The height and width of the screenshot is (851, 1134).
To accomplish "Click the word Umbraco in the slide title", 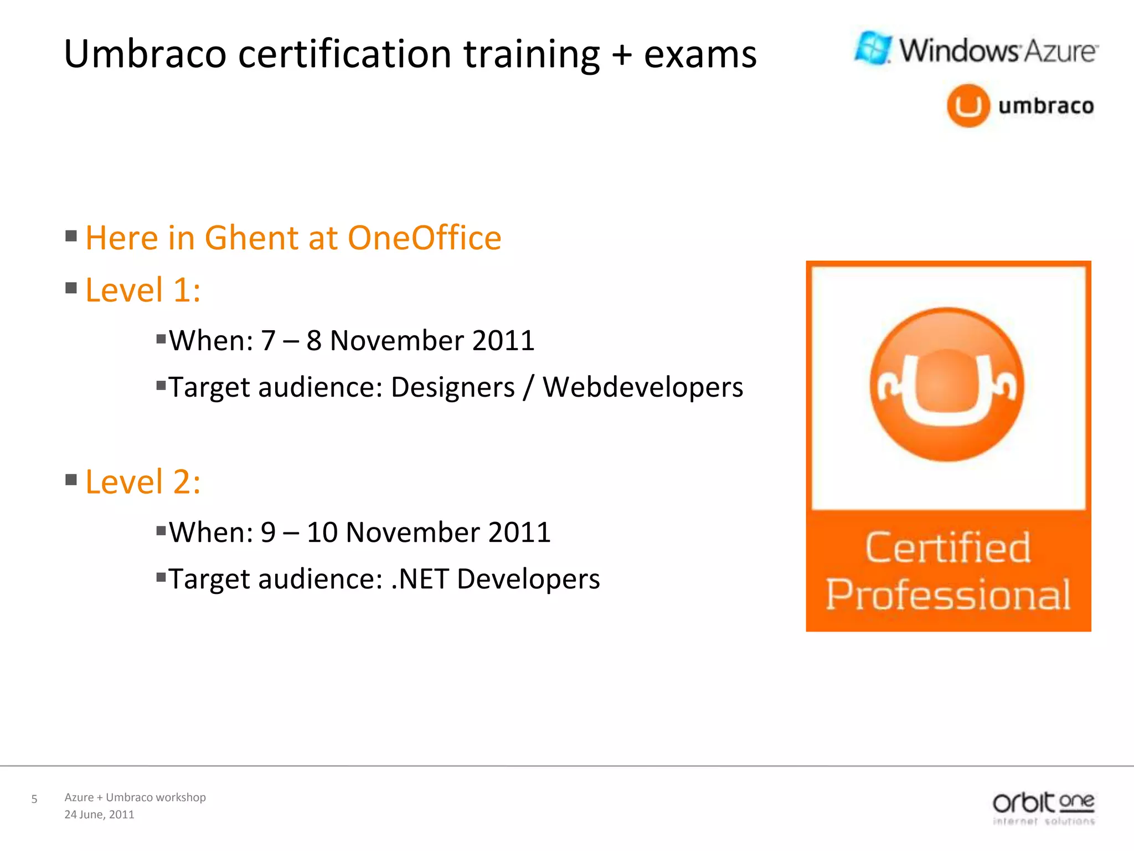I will pyautogui.click(x=145, y=54).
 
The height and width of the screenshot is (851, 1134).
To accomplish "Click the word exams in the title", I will pyautogui.click(x=700, y=54).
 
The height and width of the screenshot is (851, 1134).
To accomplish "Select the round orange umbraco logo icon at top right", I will pyautogui.click(x=968, y=105).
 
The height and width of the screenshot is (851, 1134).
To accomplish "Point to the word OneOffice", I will pyautogui.click(x=424, y=238).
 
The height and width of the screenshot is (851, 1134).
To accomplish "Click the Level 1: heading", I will pyautogui.click(x=143, y=290).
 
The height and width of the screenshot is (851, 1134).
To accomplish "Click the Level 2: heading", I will pyautogui.click(x=143, y=481).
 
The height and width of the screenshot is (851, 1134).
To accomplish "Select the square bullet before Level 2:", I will pyautogui.click(x=71, y=479).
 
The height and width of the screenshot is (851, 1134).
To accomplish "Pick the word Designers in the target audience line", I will pyautogui.click(x=452, y=387).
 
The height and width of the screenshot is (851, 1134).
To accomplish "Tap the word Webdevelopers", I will pyautogui.click(x=642, y=387).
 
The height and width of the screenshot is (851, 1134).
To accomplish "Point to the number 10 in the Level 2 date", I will pyautogui.click(x=322, y=532).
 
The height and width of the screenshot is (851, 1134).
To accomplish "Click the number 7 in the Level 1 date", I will pyautogui.click(x=268, y=340).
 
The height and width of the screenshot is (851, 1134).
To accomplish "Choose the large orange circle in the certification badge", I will pyautogui.click(x=947, y=385).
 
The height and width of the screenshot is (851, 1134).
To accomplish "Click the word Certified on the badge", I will pyautogui.click(x=948, y=548).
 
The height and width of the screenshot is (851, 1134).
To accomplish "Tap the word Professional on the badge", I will pyautogui.click(x=948, y=594).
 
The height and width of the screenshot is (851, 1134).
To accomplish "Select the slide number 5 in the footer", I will pyautogui.click(x=34, y=799).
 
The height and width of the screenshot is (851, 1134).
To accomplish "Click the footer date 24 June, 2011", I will pyautogui.click(x=99, y=814).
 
